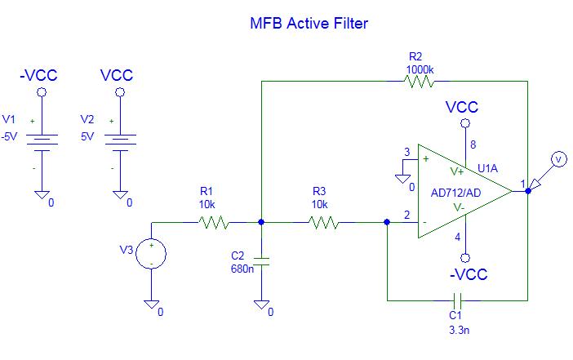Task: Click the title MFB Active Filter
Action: click(309, 24)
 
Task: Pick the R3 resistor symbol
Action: click(324, 221)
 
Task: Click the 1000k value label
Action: click(421, 69)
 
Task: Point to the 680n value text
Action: click(242, 268)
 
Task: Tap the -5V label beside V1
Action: click(10, 136)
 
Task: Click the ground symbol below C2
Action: click(261, 304)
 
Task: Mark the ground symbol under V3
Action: click(152, 304)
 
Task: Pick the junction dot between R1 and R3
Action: click(261, 221)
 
